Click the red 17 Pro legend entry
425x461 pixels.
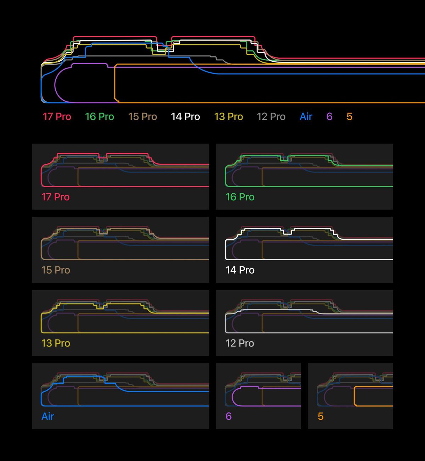click(x=57, y=117)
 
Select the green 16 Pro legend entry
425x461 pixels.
click(x=100, y=117)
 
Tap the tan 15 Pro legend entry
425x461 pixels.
click(x=143, y=117)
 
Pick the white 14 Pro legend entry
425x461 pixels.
click(x=185, y=117)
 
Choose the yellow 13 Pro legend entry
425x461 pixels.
click(x=228, y=117)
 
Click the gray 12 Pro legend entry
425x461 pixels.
click(x=271, y=117)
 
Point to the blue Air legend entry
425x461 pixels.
click(x=306, y=117)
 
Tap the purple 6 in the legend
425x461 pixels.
click(x=329, y=117)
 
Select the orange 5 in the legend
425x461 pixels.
click(x=350, y=117)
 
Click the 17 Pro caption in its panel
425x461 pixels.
click(x=55, y=197)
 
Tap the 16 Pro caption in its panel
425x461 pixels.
click(x=240, y=197)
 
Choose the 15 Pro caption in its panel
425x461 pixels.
click(x=56, y=270)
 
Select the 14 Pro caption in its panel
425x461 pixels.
click(x=240, y=270)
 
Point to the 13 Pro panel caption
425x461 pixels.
click(x=56, y=343)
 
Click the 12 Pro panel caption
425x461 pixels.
click(x=240, y=343)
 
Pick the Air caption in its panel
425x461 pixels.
click(x=48, y=416)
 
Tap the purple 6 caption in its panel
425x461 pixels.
click(x=228, y=416)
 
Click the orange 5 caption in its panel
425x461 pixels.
click(x=321, y=416)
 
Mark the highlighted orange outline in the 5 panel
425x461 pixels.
click(x=354, y=396)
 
